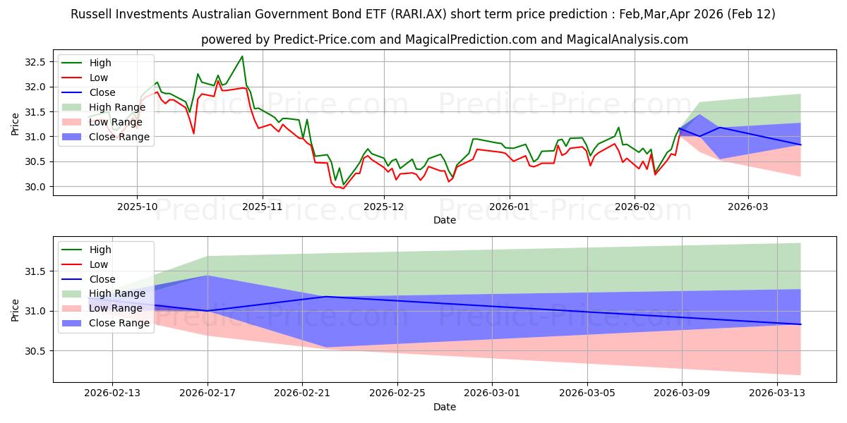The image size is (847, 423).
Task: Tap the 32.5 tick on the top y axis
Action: [x=35, y=62]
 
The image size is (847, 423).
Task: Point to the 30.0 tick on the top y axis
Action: [x=35, y=187]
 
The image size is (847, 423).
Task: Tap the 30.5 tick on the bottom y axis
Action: [x=35, y=351]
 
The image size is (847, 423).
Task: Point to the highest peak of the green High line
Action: [x=242, y=56]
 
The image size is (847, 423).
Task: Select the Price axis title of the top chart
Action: [x=16, y=124]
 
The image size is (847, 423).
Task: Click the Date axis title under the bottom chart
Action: [x=445, y=407]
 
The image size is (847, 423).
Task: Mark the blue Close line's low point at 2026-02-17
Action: [x=208, y=311]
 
